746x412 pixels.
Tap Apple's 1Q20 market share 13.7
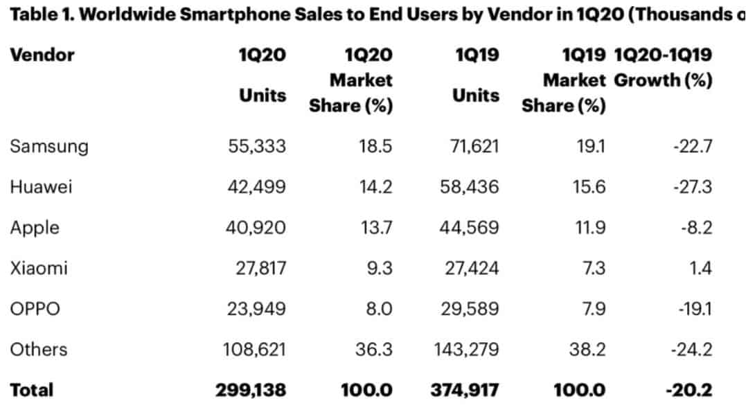(375, 228)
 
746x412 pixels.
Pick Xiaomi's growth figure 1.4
(700, 269)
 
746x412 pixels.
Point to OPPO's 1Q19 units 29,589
(470, 309)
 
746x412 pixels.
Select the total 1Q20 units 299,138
(251, 391)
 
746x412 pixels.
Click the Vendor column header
(42, 55)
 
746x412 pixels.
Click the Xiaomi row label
(39, 269)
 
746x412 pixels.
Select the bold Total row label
(32, 391)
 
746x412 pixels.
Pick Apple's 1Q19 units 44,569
(470, 228)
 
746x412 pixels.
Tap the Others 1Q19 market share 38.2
(588, 350)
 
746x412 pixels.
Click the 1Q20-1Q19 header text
(663, 55)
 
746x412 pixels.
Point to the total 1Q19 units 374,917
(464, 391)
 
